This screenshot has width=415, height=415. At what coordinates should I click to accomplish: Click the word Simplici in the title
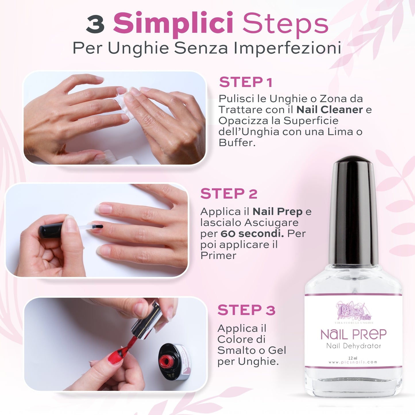(173, 23)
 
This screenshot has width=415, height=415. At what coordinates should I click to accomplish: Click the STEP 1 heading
(246, 82)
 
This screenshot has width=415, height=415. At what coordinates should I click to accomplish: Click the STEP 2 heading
(229, 194)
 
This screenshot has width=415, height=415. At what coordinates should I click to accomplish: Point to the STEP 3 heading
(246, 310)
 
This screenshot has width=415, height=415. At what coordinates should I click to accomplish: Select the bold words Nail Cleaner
(329, 110)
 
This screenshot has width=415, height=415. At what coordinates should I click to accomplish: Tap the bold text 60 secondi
(252, 233)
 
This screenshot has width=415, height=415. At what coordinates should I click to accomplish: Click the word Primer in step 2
(218, 256)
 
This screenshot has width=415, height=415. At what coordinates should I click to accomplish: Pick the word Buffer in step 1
(237, 143)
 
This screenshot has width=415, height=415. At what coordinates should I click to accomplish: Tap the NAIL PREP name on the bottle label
(353, 335)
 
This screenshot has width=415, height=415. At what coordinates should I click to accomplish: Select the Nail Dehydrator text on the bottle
(353, 346)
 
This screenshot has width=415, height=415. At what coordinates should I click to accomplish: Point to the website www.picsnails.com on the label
(353, 362)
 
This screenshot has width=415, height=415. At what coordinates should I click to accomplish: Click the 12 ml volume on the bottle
(352, 358)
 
